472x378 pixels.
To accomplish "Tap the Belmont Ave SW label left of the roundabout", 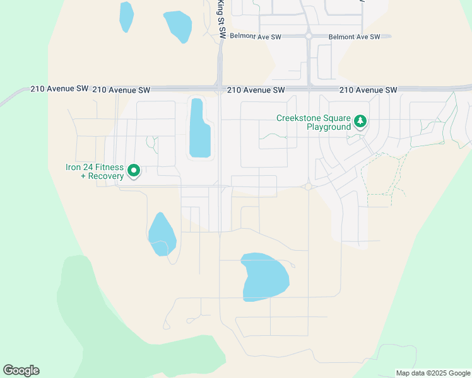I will point(255,37).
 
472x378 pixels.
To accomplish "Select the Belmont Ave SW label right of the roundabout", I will point(354,37).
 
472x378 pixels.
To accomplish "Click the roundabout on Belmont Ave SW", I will point(309,37).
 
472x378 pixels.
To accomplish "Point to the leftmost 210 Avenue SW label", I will point(59,89).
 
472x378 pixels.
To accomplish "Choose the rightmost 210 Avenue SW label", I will point(368,90).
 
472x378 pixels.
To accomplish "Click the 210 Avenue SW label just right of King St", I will point(256,90).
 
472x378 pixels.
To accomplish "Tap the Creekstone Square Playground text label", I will point(313,122).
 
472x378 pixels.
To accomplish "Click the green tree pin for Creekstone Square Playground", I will point(360,121).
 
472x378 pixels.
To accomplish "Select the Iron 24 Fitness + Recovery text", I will point(95,171).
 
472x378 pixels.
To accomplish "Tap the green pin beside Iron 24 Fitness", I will point(133,170).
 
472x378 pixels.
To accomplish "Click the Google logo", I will point(21,370).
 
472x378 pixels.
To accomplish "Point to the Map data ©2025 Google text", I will point(433,373).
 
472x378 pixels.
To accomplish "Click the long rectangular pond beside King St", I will point(199,128).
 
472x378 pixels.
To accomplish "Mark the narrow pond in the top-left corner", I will point(126,16).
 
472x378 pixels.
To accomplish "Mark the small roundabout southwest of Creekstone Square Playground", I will point(309,186).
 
